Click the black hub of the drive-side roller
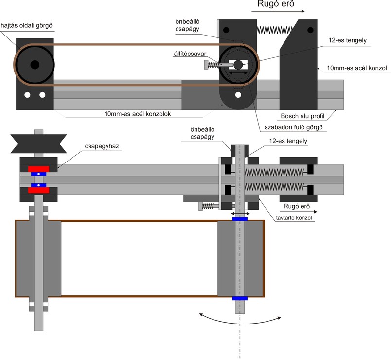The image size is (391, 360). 34,64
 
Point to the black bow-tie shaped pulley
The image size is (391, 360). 39,142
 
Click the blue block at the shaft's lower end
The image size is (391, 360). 240,298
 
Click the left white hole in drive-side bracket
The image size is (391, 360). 28,95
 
